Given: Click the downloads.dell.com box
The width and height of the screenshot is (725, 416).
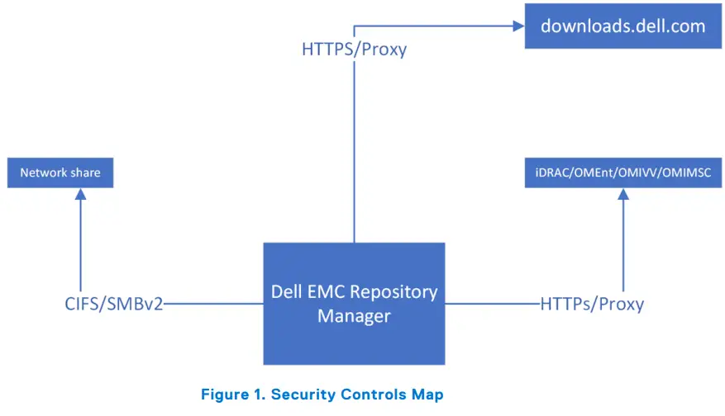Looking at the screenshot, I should (622, 26).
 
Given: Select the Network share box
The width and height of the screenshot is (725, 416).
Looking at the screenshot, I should (60, 173).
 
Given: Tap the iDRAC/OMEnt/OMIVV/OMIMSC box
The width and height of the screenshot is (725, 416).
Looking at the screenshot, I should (622, 173).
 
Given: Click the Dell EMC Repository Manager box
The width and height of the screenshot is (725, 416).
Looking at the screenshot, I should (354, 303).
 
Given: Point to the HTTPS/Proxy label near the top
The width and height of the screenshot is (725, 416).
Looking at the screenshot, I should (354, 50).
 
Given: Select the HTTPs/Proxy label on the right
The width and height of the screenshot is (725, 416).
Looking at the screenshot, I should (591, 304).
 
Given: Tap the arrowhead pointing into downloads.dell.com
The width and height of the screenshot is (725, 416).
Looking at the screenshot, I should (518, 26).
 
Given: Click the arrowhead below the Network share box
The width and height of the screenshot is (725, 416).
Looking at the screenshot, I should (81, 195).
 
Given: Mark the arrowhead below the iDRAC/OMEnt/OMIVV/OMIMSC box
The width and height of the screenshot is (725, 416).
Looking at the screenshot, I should (622, 195).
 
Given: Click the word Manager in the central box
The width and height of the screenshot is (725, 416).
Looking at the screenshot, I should (354, 316).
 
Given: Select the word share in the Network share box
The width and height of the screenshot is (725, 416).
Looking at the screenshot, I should (85, 173).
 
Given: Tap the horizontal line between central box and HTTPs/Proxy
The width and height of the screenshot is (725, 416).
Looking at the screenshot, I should (492, 304).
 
